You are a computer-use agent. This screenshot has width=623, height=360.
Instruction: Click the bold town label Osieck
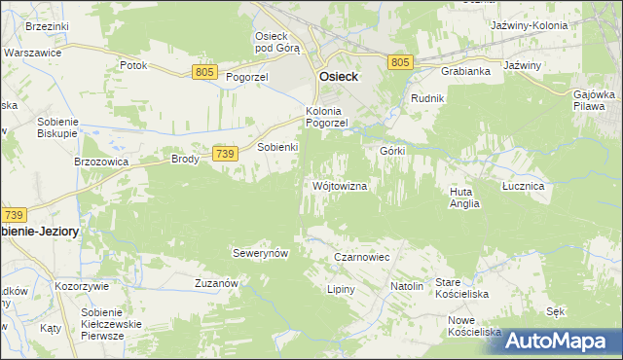pyautogui.click(x=337, y=78)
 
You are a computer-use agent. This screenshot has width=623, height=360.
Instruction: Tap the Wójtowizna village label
pyautogui.click(x=340, y=186)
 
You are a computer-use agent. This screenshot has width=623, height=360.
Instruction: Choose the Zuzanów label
pyautogui.click(x=217, y=282)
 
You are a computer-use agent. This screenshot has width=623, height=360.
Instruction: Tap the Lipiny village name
pyautogui.click(x=342, y=290)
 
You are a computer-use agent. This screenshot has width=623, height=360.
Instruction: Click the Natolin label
pyautogui.click(x=407, y=287)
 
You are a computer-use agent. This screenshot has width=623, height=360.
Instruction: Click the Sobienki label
pyautogui.click(x=276, y=147)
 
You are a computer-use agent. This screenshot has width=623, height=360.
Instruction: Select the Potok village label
pyautogui.click(x=132, y=65)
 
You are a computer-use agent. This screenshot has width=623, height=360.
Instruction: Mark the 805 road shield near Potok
pyautogui.click(x=204, y=72)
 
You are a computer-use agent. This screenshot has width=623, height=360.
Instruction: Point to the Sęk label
pyautogui.click(x=556, y=311)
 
